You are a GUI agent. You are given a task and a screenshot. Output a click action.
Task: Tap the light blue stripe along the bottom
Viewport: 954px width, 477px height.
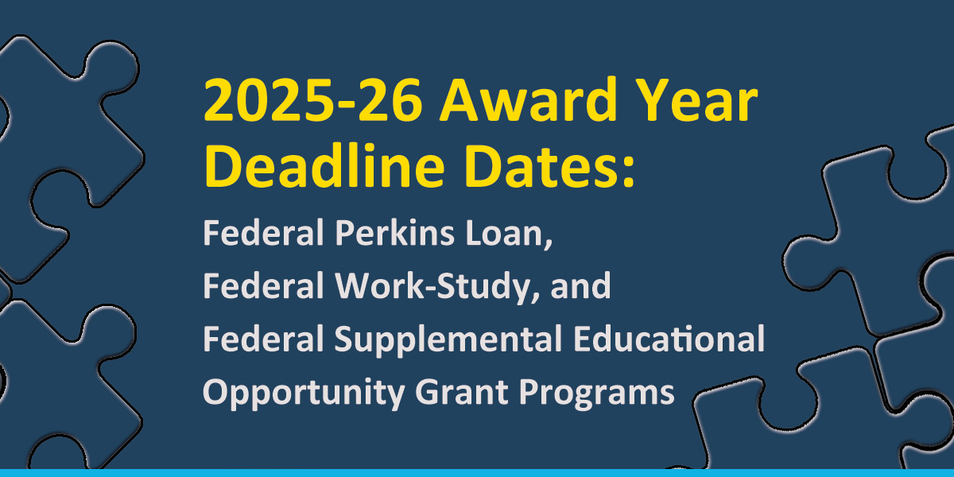point(477,473)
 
